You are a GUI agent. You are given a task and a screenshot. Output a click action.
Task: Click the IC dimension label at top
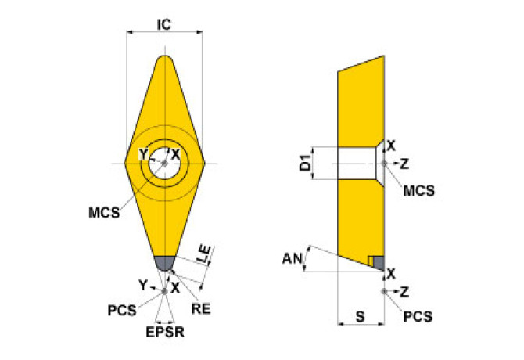(164, 25)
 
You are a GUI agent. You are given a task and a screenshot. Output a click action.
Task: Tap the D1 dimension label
(305, 163)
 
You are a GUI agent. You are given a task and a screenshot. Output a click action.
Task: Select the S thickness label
(361, 316)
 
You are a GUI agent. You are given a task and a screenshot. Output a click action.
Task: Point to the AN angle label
(293, 258)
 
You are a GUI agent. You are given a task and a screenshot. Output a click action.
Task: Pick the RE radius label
(201, 309)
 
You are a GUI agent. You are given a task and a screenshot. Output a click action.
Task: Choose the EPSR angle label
(165, 333)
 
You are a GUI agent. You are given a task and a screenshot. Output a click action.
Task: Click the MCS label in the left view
(104, 213)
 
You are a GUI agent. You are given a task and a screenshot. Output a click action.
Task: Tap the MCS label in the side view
(419, 190)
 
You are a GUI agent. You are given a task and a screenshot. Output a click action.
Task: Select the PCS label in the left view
(122, 311)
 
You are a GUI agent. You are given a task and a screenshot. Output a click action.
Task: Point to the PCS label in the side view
(418, 316)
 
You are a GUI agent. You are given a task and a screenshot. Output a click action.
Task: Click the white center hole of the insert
(165, 163)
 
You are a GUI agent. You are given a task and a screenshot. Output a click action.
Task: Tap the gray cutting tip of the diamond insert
(165, 264)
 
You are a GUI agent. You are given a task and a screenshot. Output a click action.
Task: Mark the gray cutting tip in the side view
(379, 263)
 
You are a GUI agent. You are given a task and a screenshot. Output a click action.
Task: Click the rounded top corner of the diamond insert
(165, 58)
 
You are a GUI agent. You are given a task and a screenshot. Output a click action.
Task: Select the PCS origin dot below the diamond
(164, 291)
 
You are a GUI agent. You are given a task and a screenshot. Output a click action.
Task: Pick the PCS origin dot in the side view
(384, 291)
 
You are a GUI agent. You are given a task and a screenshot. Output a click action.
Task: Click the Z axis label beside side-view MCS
(404, 164)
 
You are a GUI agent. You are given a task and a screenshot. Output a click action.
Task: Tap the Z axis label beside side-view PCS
(404, 292)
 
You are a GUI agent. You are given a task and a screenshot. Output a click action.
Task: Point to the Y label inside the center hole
(144, 154)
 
